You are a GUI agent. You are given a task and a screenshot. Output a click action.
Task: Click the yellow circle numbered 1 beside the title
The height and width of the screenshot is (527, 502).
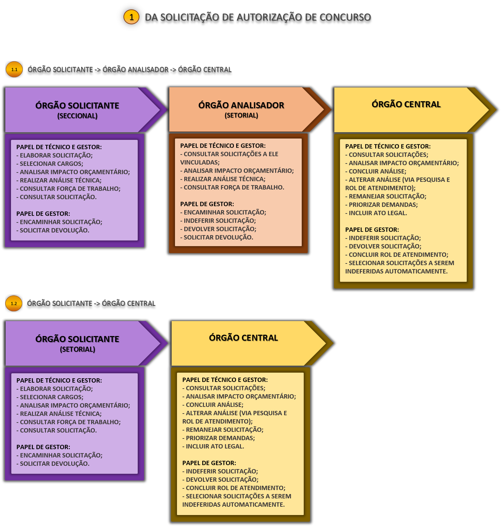(x=131, y=17)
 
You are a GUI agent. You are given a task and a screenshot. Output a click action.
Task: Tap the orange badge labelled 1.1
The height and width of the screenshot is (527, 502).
(x=14, y=70)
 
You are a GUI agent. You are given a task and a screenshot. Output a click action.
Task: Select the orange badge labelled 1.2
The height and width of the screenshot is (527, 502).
(x=14, y=303)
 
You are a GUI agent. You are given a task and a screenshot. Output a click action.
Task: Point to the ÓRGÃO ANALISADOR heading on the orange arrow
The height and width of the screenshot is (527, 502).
(x=241, y=105)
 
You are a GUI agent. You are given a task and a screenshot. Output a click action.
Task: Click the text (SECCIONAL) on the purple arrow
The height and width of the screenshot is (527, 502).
(x=77, y=116)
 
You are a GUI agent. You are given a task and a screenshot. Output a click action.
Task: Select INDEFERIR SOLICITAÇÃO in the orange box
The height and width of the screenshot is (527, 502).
(x=220, y=221)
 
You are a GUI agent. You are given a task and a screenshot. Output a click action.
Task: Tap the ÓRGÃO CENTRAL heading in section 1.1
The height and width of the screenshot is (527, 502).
(x=406, y=104)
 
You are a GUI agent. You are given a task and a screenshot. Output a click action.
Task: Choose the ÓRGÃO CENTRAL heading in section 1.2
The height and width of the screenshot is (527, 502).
(x=244, y=338)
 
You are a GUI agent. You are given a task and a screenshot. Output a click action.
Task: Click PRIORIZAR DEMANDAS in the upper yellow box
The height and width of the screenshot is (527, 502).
(x=383, y=205)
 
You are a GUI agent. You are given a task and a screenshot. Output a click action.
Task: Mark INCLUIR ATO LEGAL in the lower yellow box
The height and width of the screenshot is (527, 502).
(x=215, y=446)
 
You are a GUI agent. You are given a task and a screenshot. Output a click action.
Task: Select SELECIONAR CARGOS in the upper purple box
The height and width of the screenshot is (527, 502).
(x=51, y=164)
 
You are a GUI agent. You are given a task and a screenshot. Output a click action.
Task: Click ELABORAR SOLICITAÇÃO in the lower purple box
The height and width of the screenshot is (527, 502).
(x=56, y=389)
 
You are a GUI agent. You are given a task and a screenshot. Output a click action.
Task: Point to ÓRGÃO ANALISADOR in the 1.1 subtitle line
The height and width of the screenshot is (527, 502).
(x=135, y=70)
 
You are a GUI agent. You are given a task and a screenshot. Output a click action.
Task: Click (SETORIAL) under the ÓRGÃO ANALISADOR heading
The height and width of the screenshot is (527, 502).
(x=241, y=115)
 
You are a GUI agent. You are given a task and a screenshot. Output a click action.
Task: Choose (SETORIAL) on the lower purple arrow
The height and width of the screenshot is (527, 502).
(x=78, y=349)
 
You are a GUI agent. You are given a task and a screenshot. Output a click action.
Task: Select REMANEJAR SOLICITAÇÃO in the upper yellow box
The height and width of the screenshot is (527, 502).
(x=387, y=196)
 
